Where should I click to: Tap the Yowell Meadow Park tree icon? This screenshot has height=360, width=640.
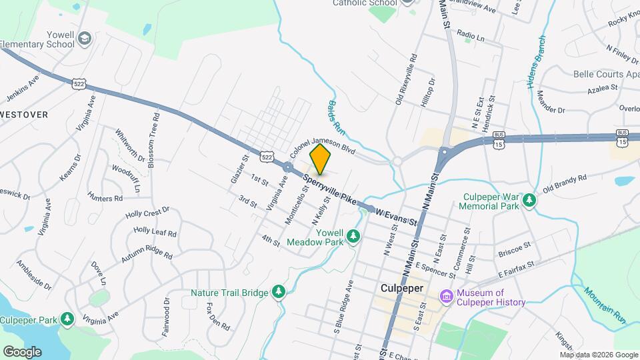(354, 236)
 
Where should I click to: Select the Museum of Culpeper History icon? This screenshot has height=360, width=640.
(446, 295)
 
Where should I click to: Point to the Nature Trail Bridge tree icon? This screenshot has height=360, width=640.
(279, 292)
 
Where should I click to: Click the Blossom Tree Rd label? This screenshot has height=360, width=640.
(153, 139)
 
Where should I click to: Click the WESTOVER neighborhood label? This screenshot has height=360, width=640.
(24, 115)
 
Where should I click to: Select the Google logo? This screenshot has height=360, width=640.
(22, 351)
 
